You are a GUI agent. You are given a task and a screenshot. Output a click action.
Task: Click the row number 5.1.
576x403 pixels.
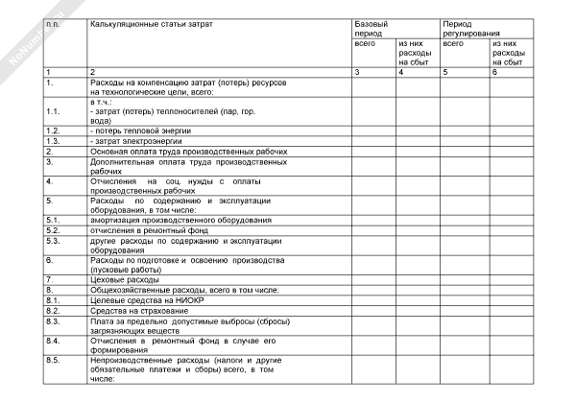coord(54,220)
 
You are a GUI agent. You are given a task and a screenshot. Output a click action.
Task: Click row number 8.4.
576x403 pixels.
coord(54,341)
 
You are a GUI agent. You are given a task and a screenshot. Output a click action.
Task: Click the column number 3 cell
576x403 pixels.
coord(357,73)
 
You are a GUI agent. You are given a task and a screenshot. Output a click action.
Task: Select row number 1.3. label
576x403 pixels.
coord(54,140)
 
